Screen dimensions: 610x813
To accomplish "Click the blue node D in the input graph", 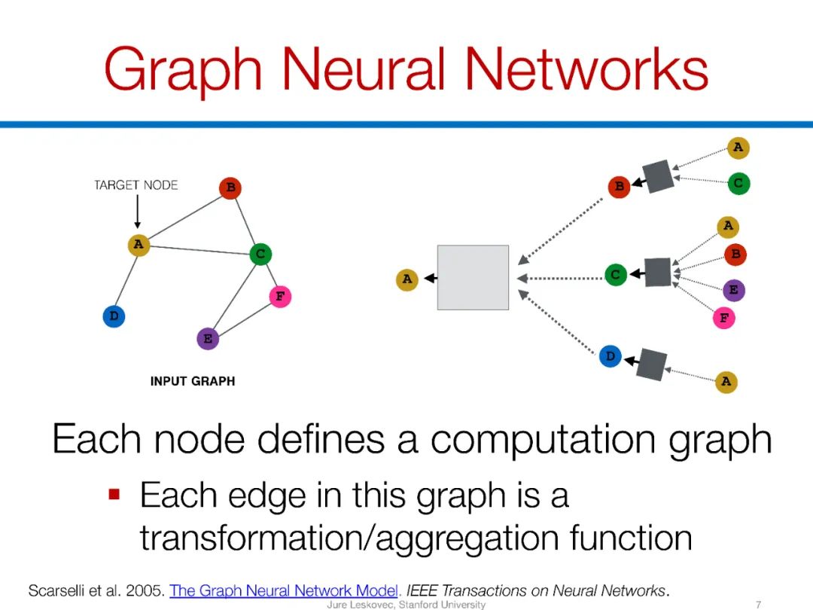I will click(x=114, y=316).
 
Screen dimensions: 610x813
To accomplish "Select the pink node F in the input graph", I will click(x=280, y=297).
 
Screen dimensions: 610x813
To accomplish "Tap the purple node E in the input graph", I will click(x=208, y=339).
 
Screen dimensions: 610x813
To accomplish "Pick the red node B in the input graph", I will click(x=230, y=188).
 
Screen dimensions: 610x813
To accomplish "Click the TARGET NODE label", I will click(x=136, y=185).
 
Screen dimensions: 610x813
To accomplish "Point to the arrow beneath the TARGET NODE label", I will click(x=137, y=212).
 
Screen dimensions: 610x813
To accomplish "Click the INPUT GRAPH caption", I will click(x=193, y=381).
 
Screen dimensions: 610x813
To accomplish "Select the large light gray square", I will click(x=473, y=277).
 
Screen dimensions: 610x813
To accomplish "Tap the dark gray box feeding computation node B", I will click(x=659, y=176).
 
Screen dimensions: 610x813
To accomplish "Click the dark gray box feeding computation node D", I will click(x=652, y=364).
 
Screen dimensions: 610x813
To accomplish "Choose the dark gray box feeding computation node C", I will click(x=657, y=272).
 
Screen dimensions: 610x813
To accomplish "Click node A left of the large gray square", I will click(x=407, y=279).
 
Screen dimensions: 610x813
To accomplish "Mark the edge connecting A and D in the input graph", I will click(x=126, y=280).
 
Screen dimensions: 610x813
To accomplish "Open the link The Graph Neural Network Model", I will click(x=284, y=590).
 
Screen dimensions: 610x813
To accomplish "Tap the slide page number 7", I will click(x=758, y=604).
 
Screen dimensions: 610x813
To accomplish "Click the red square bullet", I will click(x=114, y=495).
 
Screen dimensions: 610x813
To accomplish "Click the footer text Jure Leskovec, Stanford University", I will click(x=406, y=604).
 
